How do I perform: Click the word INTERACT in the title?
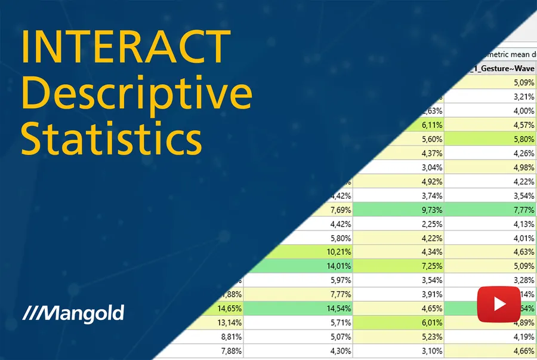pos(126,47)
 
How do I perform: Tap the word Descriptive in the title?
pos(137,94)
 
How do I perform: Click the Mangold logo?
pos(73,313)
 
